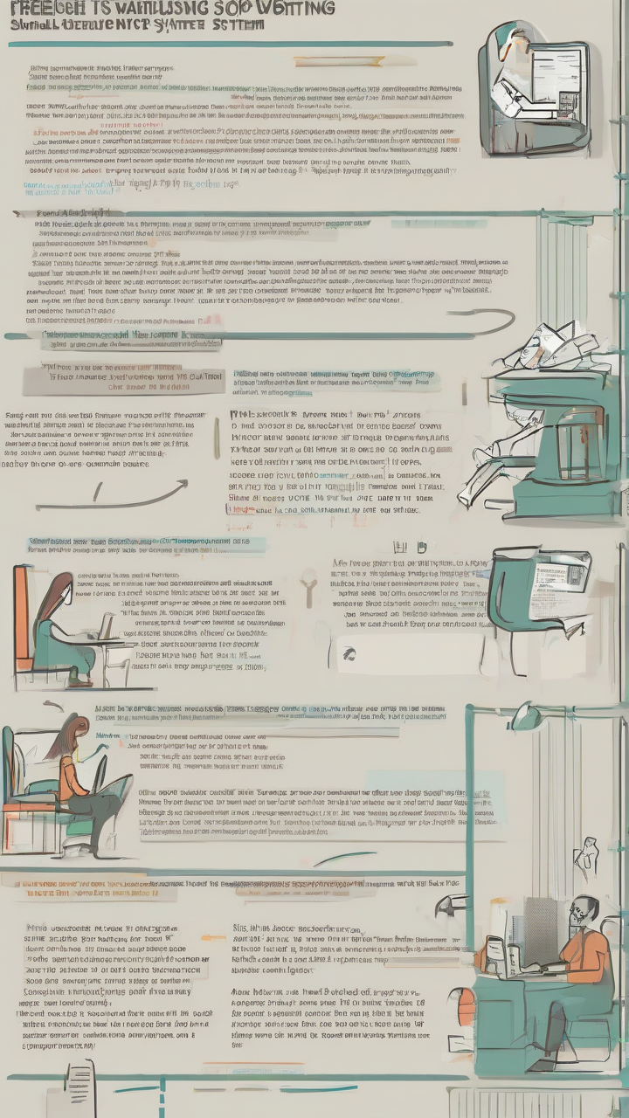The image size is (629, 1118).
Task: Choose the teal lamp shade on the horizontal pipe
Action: [x=528, y=717]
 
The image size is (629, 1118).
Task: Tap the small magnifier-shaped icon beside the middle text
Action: [x=308, y=587]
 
